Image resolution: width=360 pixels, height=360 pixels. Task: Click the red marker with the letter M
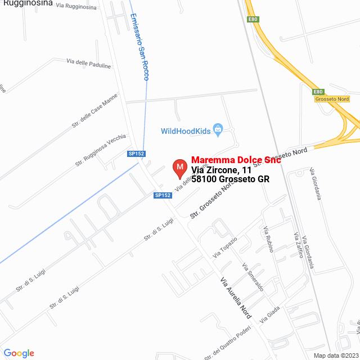(x=179, y=167)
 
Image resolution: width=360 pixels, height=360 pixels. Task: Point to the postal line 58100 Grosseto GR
(x=230, y=179)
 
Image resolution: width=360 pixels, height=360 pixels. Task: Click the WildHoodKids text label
(x=185, y=131)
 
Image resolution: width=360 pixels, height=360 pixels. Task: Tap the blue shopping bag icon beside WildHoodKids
(x=218, y=130)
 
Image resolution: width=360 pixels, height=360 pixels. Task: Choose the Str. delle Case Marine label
(x=94, y=111)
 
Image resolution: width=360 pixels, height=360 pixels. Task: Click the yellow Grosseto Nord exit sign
(x=332, y=99)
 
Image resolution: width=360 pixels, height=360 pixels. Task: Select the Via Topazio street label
(x=225, y=247)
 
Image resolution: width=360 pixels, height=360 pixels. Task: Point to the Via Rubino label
(x=268, y=238)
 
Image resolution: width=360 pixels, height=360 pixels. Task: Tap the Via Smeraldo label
(x=253, y=276)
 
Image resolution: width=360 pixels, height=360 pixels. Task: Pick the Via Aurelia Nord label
(x=236, y=296)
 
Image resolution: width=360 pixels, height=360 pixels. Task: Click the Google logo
(x=19, y=353)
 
